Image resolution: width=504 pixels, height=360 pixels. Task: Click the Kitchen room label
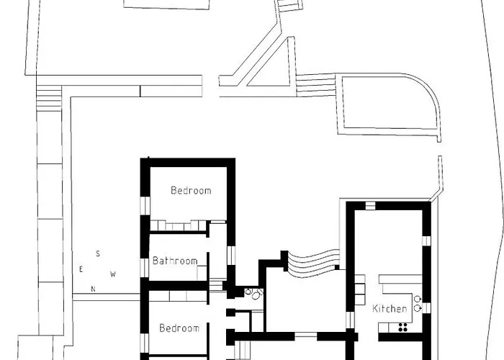point(390,309)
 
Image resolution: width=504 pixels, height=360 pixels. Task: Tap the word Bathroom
point(175,261)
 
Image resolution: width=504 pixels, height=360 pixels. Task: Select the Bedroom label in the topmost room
point(191,190)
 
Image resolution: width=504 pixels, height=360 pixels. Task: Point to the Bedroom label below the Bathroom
point(179,328)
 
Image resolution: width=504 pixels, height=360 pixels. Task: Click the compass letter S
point(98,254)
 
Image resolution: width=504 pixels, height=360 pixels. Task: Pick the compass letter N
point(93,289)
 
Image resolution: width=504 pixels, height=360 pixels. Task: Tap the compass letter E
point(81,269)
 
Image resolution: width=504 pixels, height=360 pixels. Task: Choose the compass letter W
point(113,274)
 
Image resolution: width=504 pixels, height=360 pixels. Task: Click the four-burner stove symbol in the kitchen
point(402,327)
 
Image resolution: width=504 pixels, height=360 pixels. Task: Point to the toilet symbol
point(256,294)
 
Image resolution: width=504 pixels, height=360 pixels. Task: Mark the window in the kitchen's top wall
point(370,206)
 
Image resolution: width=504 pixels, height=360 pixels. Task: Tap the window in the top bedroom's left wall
point(145,205)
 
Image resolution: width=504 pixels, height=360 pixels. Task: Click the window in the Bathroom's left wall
point(145,267)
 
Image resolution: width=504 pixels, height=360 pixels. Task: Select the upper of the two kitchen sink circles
point(417,300)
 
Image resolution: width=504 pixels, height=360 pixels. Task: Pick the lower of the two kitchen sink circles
point(417,308)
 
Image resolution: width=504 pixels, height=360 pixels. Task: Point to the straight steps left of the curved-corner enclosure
point(315,85)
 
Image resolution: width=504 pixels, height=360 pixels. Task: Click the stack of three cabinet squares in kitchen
point(360,289)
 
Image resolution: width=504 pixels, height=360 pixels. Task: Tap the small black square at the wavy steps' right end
point(337,267)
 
